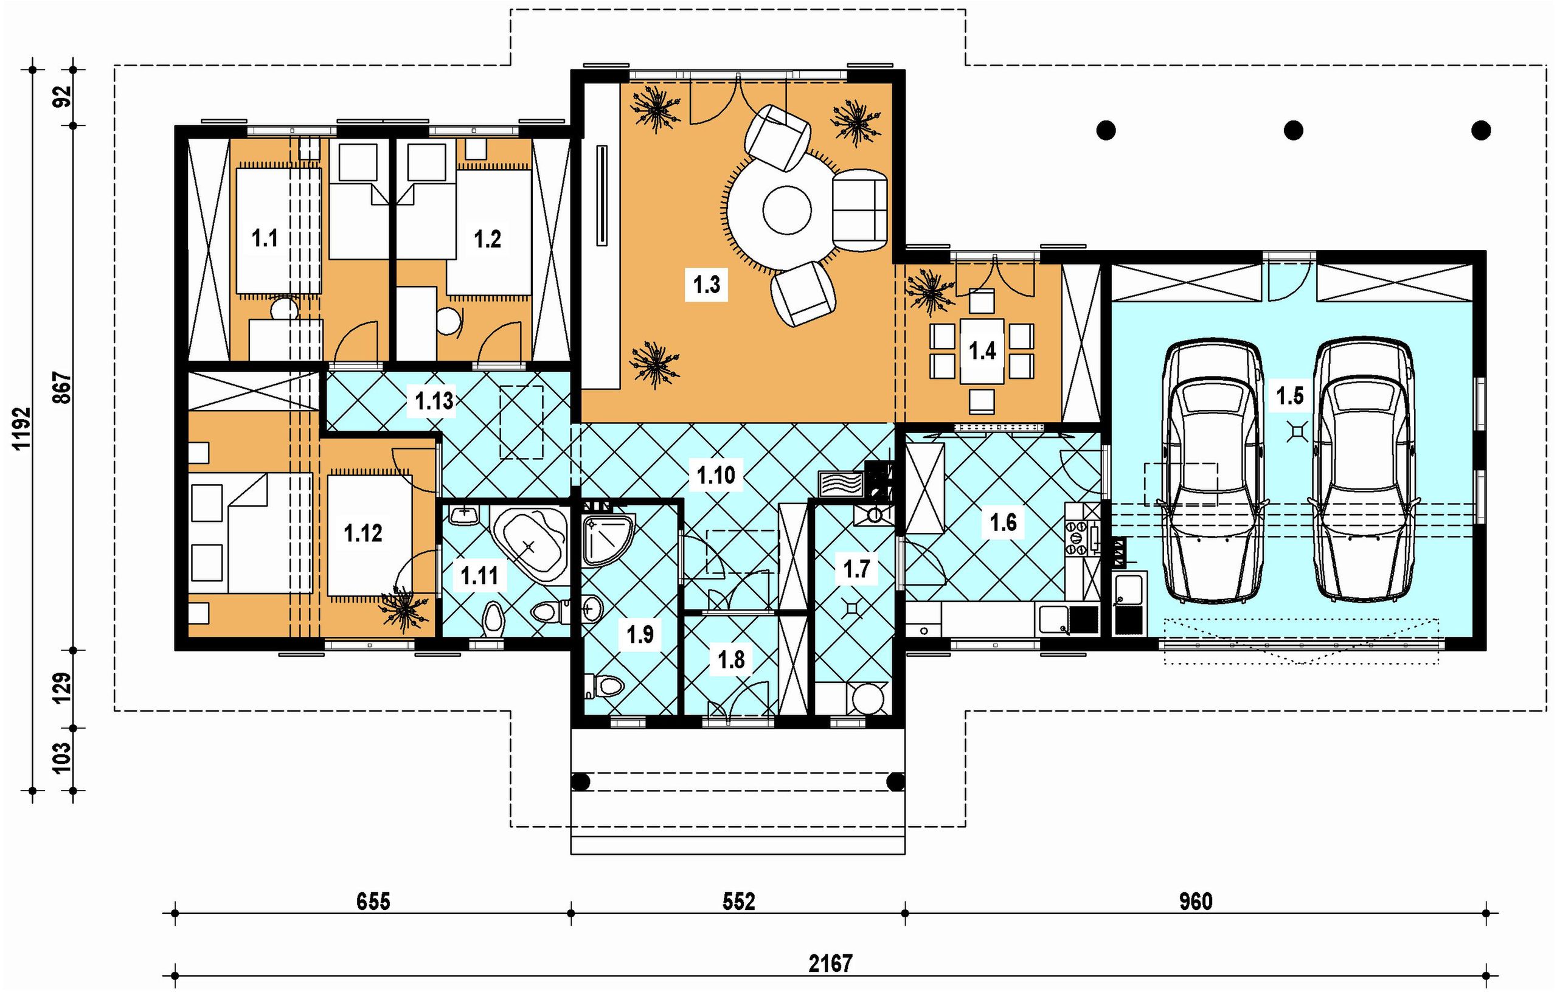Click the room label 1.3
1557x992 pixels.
click(707, 284)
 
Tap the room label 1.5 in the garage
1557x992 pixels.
click(1289, 395)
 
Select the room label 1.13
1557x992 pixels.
click(434, 401)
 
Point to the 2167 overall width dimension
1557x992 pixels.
click(831, 963)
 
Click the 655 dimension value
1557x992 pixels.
click(373, 901)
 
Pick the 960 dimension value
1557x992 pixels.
click(1196, 901)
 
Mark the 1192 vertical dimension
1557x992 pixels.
click(21, 428)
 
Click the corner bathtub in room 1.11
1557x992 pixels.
click(530, 545)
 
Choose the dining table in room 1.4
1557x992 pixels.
click(982, 350)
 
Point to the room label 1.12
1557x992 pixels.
click(362, 533)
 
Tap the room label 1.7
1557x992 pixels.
click(857, 569)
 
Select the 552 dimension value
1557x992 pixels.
click(738, 901)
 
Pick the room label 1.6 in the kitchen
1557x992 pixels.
click(1003, 522)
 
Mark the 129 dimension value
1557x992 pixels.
click(62, 689)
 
